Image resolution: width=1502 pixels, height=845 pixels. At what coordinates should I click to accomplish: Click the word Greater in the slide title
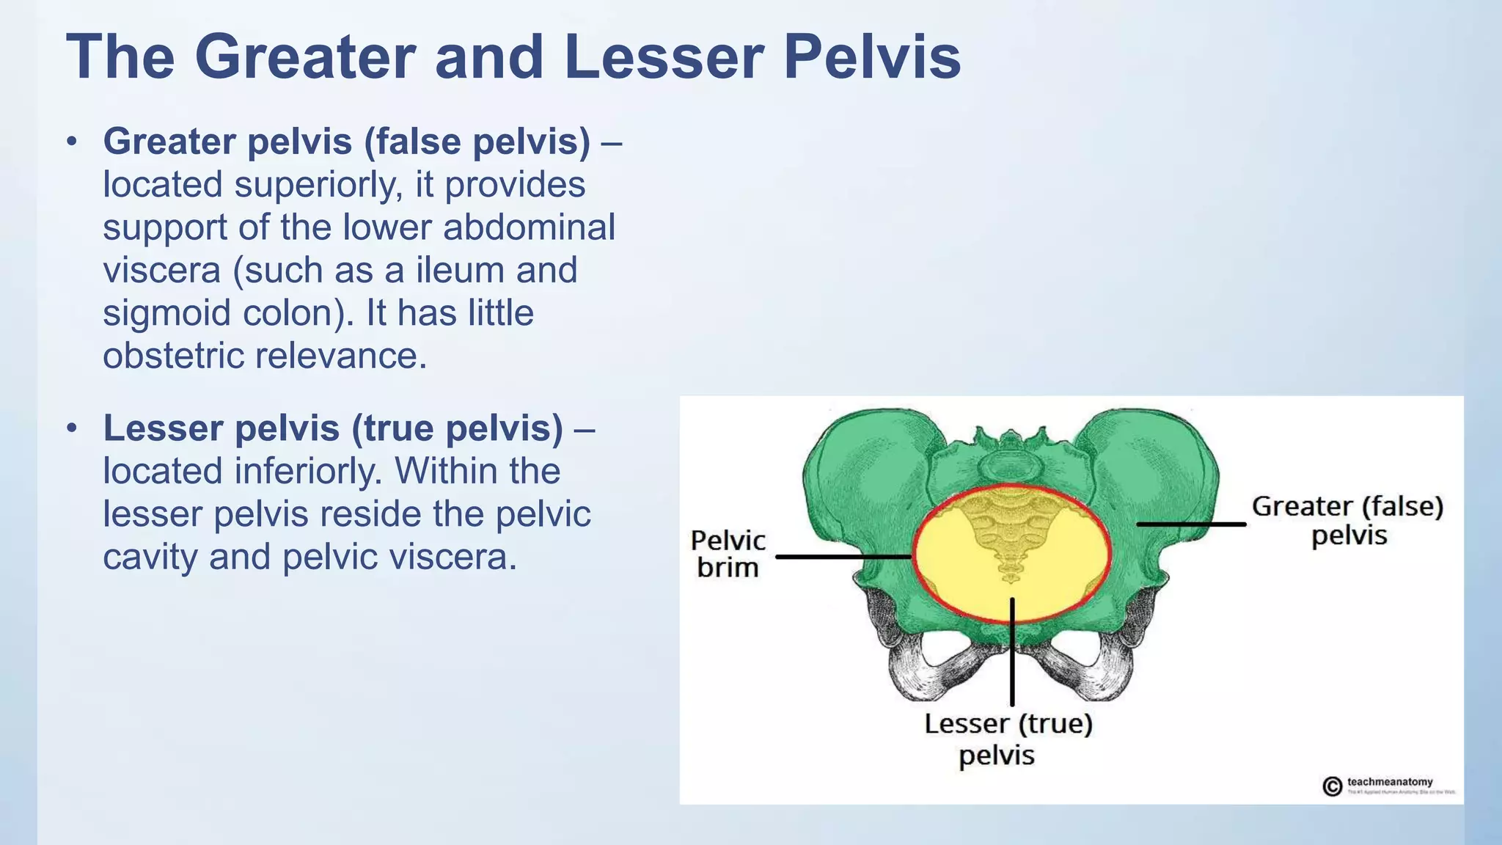point(304,57)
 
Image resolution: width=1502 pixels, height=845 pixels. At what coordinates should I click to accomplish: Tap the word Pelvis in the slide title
point(872,57)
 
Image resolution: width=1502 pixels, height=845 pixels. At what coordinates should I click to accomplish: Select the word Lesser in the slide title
point(664,57)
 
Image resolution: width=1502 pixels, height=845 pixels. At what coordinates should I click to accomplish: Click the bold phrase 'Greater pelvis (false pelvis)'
point(346,142)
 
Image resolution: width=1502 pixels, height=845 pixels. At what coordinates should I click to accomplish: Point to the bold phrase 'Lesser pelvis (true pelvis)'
point(333,428)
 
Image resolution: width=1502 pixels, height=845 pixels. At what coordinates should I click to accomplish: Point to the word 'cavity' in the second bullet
point(150,557)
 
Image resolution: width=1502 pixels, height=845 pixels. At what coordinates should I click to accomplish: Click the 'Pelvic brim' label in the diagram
point(728,554)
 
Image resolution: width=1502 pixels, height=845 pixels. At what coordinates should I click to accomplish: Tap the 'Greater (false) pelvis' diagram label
point(1347,521)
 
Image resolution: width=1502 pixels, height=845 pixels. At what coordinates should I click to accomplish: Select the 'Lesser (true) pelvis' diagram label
point(1008,739)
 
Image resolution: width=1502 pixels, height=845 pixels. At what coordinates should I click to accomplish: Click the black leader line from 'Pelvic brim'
point(843,557)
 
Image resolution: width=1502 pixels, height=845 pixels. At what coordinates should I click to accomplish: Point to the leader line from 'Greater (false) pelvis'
point(1191,524)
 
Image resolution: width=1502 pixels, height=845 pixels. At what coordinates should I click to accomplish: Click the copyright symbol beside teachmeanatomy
point(1332,786)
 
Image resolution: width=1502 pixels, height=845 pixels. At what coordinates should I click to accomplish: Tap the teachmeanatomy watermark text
point(1389,782)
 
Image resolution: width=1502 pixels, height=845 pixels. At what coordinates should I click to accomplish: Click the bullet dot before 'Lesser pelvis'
point(71,428)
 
